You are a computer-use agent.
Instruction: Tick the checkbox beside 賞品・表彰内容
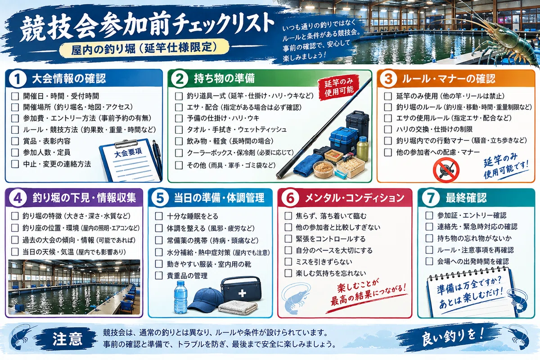(15, 141)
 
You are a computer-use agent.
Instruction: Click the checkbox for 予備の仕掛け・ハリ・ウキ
(179, 118)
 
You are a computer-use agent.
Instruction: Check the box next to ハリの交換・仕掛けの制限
(387, 129)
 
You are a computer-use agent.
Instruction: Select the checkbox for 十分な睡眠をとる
(158, 216)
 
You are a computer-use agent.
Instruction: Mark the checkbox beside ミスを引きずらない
(288, 261)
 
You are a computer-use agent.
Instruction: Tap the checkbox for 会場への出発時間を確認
(429, 261)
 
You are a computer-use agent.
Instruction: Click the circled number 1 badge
(18, 79)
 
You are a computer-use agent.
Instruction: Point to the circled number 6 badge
(290, 198)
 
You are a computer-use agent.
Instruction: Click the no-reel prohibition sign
(446, 170)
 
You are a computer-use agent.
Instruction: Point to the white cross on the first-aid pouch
(242, 293)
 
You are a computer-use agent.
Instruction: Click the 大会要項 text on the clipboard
(128, 153)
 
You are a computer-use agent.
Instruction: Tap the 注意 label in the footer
(67, 339)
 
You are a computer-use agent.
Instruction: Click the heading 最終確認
(466, 198)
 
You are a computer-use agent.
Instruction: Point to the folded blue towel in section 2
(308, 164)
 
